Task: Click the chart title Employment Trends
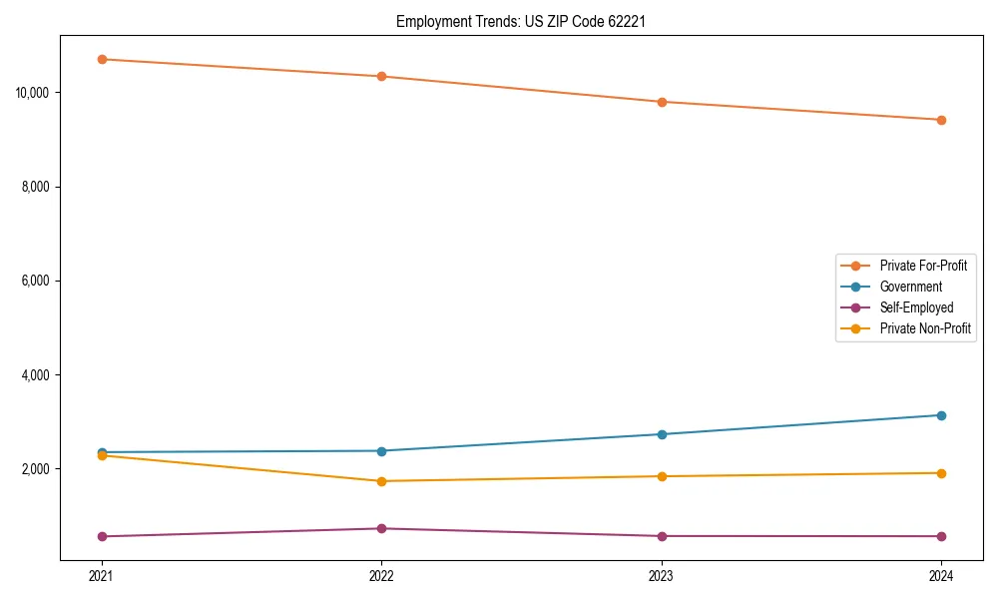521,21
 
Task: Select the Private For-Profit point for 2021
102,59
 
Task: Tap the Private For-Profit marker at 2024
941,120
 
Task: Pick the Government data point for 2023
662,434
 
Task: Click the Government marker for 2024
941,415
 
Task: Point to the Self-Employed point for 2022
381,528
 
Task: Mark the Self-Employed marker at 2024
941,536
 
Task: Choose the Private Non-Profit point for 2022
381,481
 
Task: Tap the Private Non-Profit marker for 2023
662,476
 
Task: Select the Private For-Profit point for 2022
381,76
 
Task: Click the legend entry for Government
910,287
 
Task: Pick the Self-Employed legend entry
916,307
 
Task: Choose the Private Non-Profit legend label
925,328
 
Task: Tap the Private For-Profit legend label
923,266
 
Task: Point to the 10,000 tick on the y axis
34,93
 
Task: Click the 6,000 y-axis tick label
37,282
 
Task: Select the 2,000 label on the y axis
37,469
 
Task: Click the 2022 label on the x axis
381,575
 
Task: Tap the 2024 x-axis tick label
941,575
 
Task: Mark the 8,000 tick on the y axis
37,187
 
